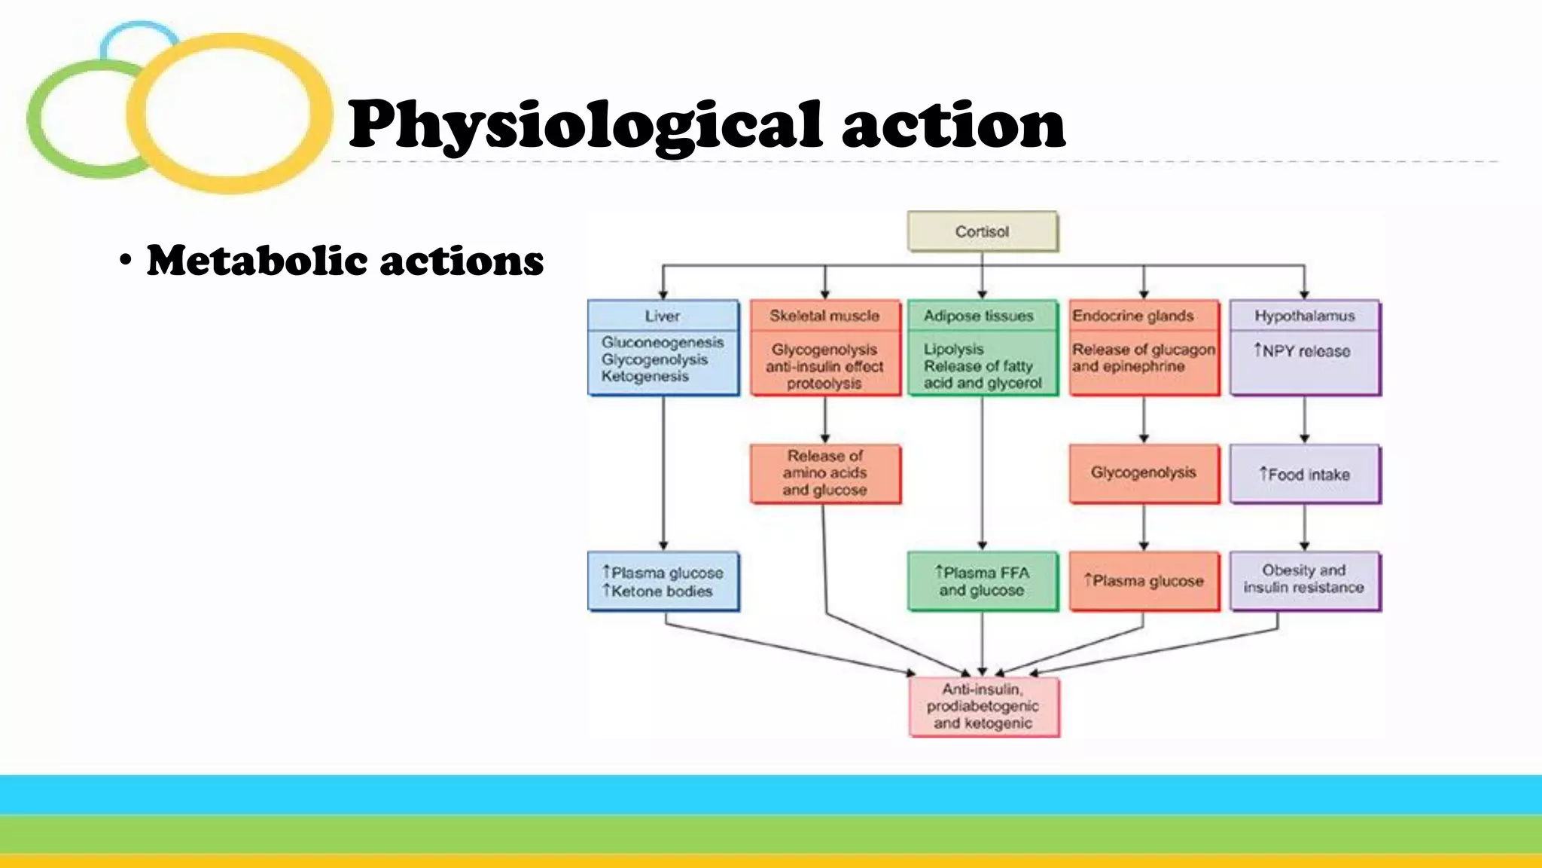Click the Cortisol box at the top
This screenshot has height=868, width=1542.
(x=982, y=231)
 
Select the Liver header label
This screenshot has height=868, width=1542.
(x=662, y=316)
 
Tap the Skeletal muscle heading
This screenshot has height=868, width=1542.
(x=824, y=316)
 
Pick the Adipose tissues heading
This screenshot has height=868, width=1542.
(x=979, y=316)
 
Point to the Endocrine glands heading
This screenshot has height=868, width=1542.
(x=1133, y=316)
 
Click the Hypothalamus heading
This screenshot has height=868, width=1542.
(x=1304, y=316)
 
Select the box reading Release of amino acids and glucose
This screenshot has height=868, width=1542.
(x=824, y=473)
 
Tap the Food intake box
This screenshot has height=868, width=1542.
(x=1305, y=474)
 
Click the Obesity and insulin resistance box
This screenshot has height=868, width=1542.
(x=1304, y=579)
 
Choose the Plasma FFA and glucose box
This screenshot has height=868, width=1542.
(x=982, y=581)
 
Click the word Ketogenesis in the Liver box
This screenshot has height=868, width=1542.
(x=645, y=376)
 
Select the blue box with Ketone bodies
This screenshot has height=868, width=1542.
(x=663, y=582)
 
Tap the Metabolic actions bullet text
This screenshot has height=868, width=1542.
(x=345, y=261)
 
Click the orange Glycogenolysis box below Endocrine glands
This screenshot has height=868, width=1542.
(x=1143, y=473)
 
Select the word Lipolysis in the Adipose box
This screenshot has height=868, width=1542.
(x=953, y=349)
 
